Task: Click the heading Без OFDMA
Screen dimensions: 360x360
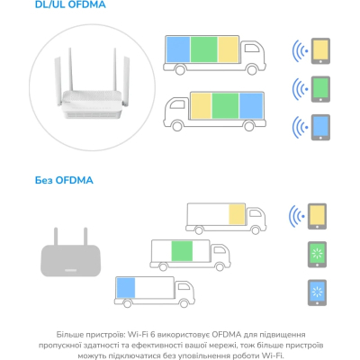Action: click(64, 180)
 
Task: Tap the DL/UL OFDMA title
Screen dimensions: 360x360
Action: click(70, 4)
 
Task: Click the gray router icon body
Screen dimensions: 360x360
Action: click(71, 260)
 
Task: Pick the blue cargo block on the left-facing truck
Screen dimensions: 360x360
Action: click(251, 105)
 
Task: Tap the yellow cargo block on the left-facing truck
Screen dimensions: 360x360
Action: click(202, 105)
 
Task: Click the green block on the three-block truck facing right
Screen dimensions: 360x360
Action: click(204, 49)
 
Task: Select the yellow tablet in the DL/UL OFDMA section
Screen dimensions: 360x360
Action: click(320, 51)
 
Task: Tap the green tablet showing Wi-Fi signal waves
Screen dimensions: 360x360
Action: click(320, 89)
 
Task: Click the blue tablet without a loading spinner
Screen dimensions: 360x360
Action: click(320, 127)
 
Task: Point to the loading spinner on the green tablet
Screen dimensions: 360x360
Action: click(317, 254)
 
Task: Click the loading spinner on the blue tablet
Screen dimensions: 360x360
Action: click(317, 292)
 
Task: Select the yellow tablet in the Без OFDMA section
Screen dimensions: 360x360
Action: click(317, 216)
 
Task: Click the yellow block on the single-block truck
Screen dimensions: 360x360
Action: click(237, 214)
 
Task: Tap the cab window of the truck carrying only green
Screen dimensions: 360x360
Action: click(218, 250)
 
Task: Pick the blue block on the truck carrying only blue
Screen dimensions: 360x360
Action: click(126, 288)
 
